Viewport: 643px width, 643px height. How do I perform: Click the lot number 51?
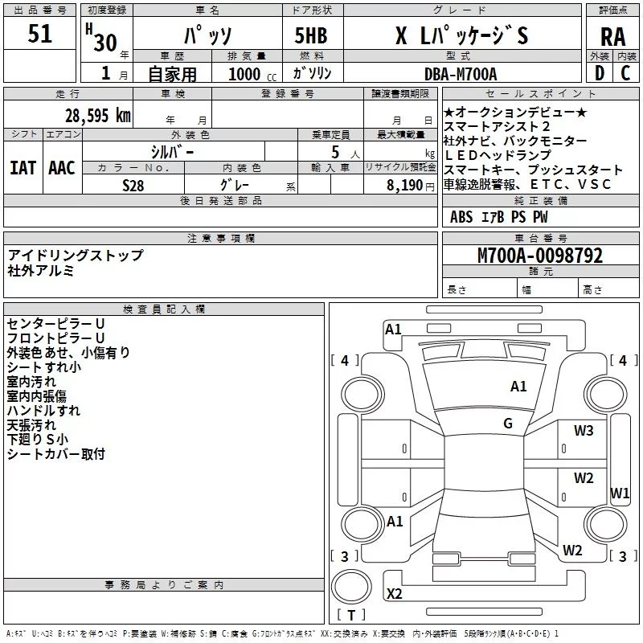coord(39,34)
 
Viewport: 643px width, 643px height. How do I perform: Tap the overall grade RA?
coord(612,37)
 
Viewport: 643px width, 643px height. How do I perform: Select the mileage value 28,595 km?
coord(97,116)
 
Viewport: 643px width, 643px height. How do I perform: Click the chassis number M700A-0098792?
coord(540,256)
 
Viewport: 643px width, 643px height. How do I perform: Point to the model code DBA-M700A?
coord(461,74)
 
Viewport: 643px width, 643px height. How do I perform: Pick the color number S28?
coord(133,186)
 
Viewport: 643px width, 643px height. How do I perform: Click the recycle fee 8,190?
coord(405,186)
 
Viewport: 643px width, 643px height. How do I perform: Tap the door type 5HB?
coord(311,35)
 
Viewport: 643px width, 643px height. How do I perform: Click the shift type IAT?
coord(23,168)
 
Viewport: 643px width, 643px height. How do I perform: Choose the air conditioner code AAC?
coord(62,168)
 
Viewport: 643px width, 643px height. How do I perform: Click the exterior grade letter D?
coord(599,73)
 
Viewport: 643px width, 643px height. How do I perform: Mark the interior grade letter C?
coord(625,73)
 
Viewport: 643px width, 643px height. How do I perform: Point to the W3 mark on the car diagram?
coord(584,431)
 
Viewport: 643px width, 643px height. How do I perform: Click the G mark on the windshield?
coord(508,424)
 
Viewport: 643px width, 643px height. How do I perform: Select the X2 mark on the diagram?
coord(395,593)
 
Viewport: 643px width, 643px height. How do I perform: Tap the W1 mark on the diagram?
coord(620,493)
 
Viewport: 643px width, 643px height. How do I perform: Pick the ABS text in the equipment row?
coord(461,217)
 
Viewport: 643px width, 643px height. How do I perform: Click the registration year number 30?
coord(105,43)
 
